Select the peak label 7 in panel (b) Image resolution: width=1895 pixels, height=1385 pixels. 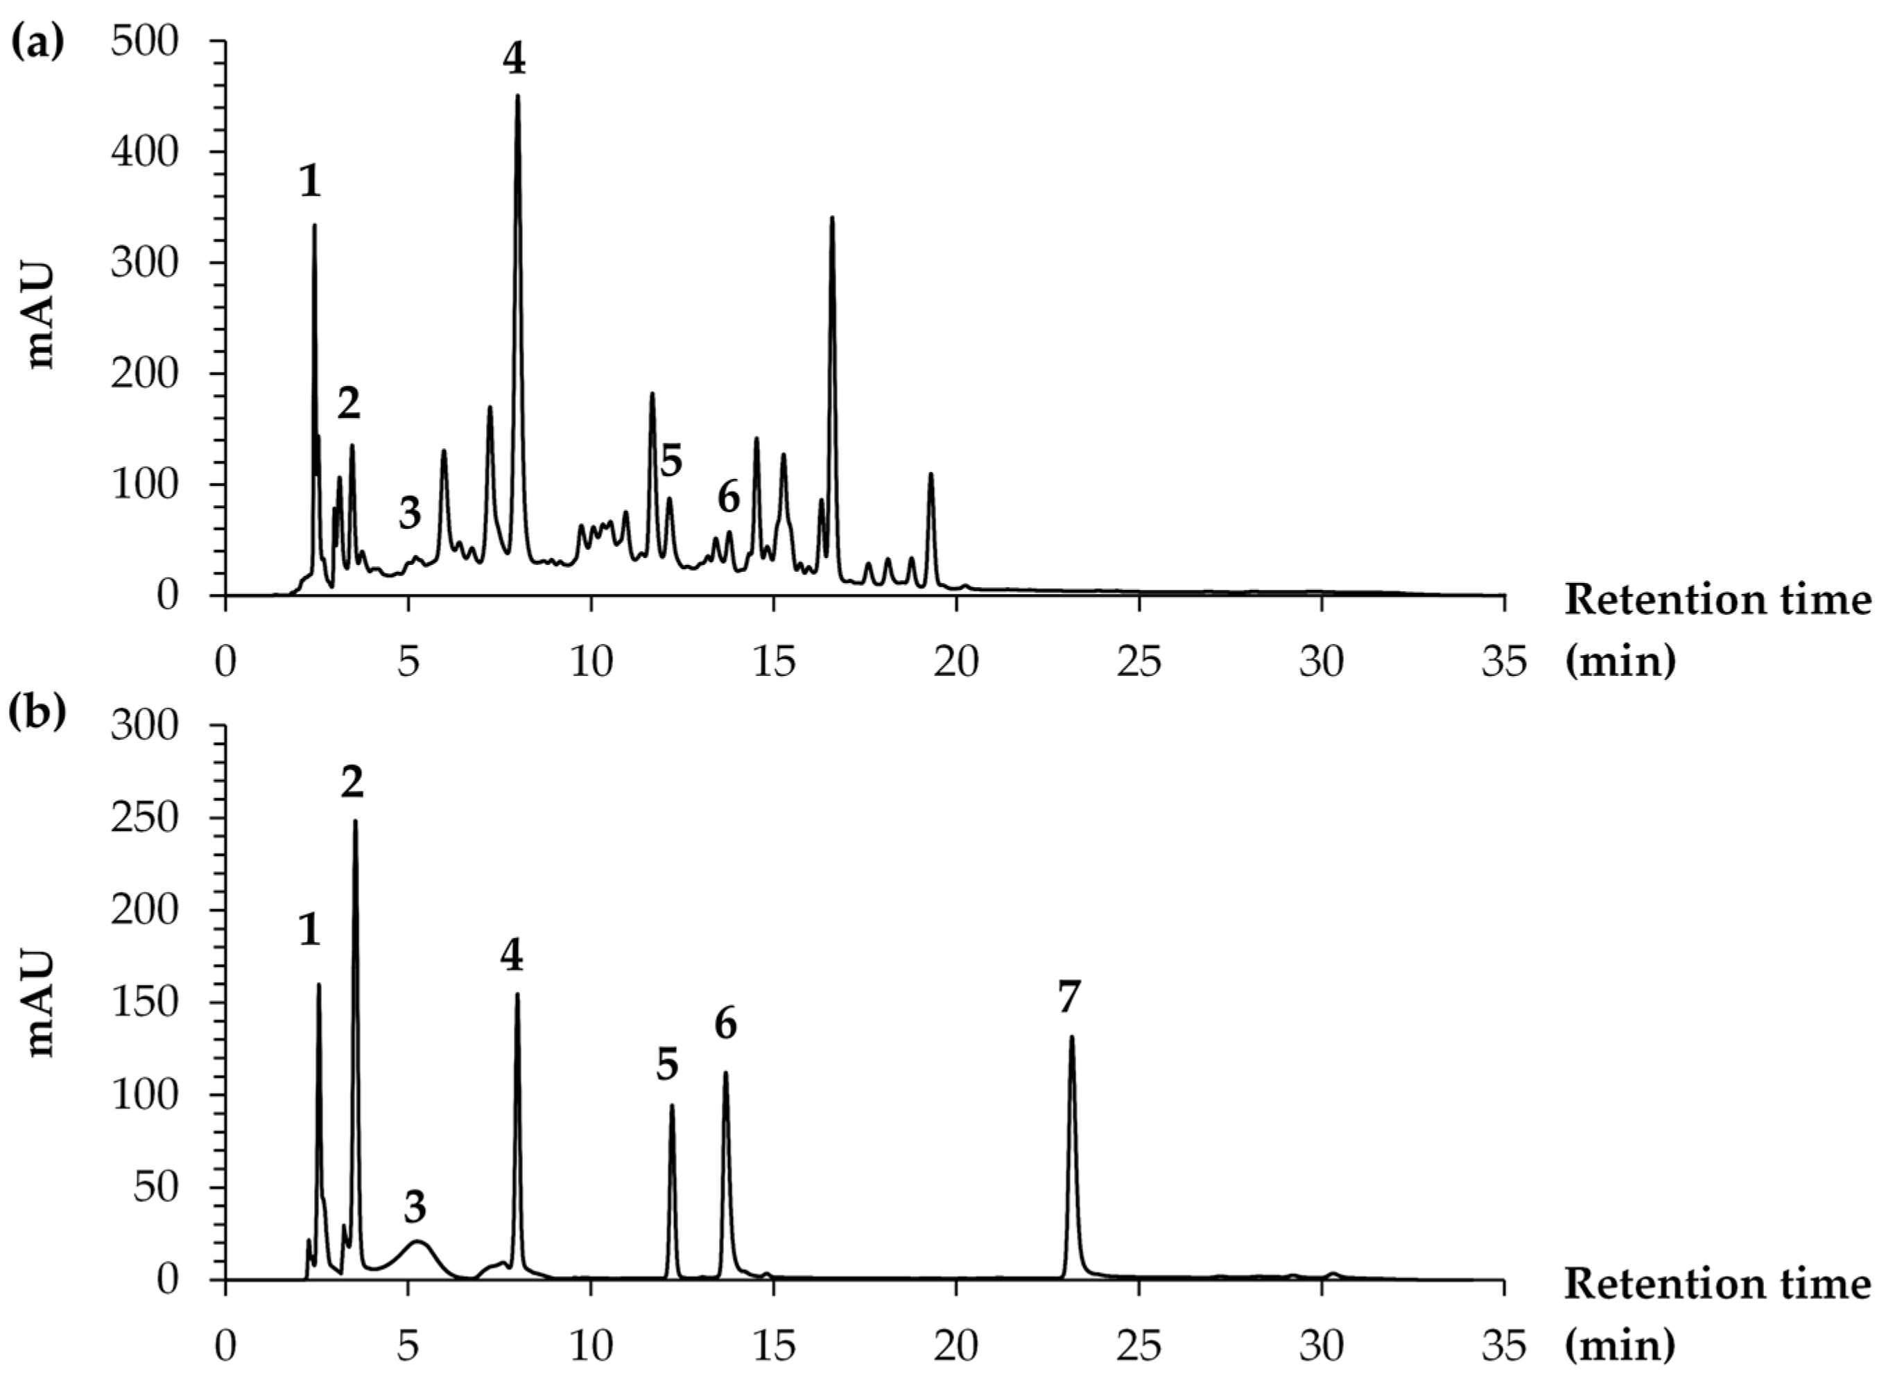point(1068,998)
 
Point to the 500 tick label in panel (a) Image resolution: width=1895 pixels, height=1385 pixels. point(156,42)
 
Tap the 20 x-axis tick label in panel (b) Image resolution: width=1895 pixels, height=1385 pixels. point(956,1345)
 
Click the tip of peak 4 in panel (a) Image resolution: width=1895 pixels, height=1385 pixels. point(517,96)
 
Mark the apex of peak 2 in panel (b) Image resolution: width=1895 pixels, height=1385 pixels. point(355,821)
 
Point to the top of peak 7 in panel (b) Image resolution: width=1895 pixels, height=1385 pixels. point(1071,1038)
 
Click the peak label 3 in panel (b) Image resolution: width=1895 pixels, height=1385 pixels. point(414,1208)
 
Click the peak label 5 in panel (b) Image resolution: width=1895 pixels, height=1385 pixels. point(668,1065)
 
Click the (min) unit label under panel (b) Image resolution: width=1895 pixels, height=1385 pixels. point(1620,1345)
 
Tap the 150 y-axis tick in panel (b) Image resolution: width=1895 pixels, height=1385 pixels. point(156,1002)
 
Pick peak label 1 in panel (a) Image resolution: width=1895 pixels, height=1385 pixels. point(310,181)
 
